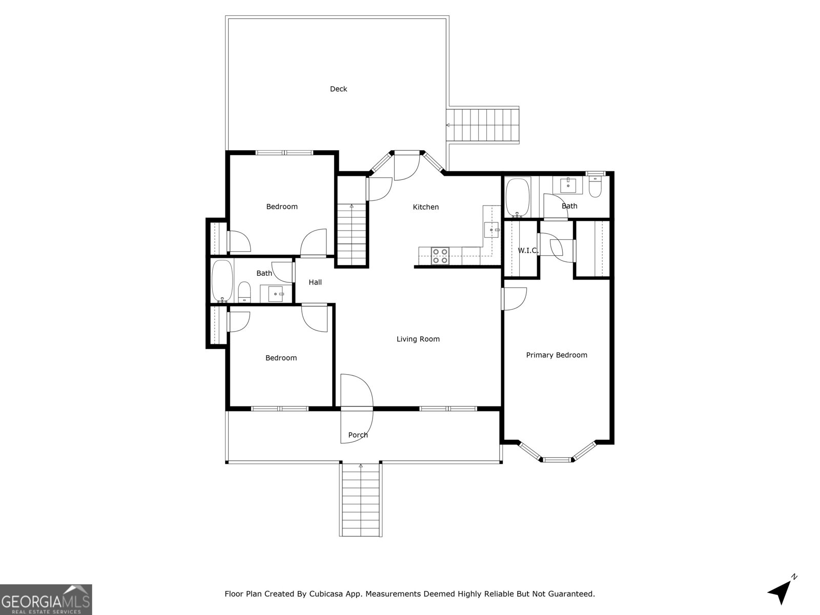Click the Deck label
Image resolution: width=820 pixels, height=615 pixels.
tap(338, 89)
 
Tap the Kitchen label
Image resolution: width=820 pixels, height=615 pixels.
tap(425, 207)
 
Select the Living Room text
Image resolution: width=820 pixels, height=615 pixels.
tap(418, 339)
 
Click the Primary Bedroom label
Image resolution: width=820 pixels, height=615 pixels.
tap(557, 355)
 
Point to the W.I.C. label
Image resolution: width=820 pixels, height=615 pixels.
tap(527, 251)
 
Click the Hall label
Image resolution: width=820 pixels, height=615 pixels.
tap(315, 282)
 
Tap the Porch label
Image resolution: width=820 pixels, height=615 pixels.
tap(358, 435)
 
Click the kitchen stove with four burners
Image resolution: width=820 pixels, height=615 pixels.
tap(440, 256)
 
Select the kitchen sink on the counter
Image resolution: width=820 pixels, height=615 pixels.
tap(491, 230)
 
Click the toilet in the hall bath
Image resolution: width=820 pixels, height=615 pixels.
tap(244, 292)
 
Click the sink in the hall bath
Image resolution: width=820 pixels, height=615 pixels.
tap(276, 294)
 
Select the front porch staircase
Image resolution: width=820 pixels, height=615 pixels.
tap(361, 499)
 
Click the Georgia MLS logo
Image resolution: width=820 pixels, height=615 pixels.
tap(46, 600)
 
